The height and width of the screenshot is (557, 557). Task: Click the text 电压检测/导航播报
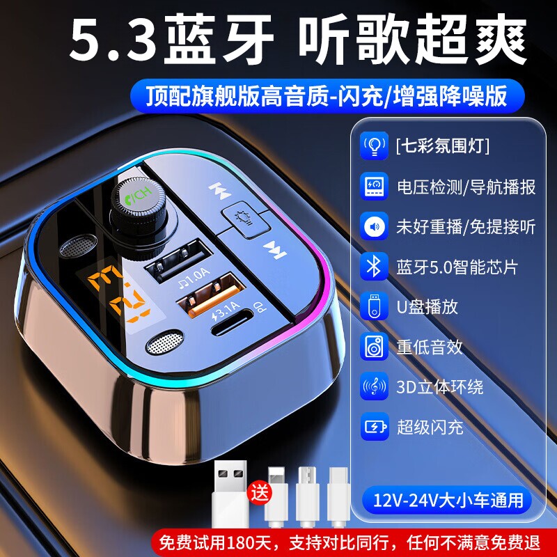pyautogui.click(x=466, y=187)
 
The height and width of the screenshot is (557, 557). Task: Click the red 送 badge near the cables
pyautogui.click(x=258, y=495)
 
